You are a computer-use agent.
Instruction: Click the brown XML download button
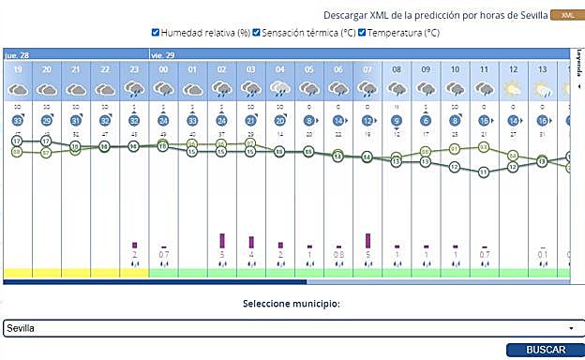point(565,16)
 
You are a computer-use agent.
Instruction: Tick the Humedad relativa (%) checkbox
point(157,33)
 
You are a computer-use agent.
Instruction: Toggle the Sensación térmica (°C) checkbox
point(257,33)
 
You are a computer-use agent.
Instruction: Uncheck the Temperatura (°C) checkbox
point(363,33)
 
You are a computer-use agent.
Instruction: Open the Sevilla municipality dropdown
point(292,328)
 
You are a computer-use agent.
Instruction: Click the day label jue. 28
point(16,53)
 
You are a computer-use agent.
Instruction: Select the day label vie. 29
point(162,53)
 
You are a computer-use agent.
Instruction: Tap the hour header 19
point(18,69)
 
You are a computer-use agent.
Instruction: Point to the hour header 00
point(163,69)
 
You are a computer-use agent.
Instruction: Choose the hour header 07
point(367,69)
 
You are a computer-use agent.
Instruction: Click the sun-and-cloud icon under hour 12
point(513,89)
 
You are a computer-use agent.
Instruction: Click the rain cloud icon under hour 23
point(134,89)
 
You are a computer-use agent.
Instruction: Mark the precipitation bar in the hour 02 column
point(222,241)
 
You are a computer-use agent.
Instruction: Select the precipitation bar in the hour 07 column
point(367,241)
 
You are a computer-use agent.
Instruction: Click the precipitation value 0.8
point(338,254)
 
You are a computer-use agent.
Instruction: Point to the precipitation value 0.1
point(542,254)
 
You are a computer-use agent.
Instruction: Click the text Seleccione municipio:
point(292,304)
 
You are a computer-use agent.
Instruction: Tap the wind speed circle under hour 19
point(18,121)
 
